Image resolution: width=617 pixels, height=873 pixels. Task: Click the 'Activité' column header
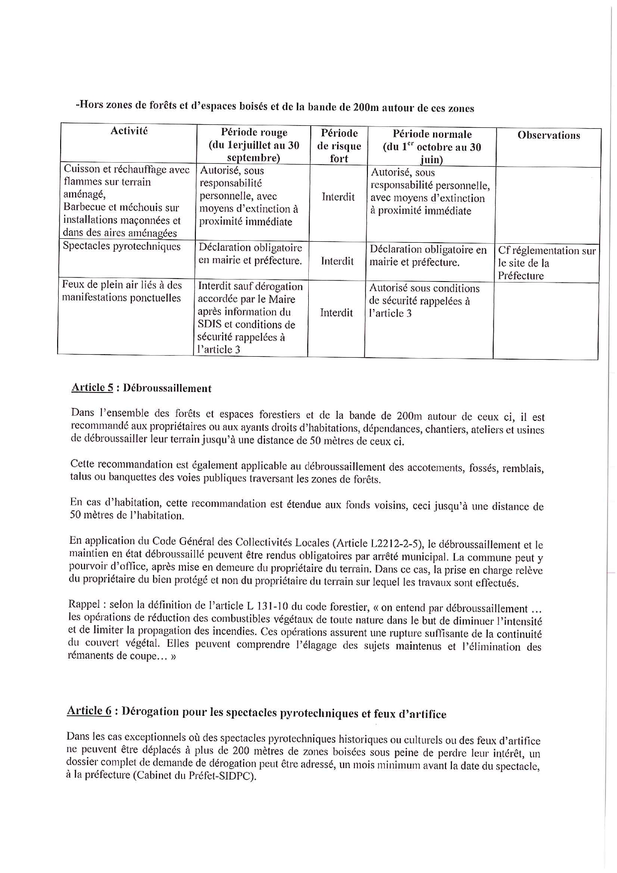[129, 131]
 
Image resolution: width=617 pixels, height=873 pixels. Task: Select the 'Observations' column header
[548, 135]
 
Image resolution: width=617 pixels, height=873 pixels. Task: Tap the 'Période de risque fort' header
[339, 146]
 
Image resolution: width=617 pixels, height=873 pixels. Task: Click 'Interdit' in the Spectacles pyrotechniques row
[337, 261]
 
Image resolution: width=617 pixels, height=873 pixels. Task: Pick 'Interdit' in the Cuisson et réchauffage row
[338, 196]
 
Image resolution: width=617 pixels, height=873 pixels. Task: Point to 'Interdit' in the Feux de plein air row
[336, 312]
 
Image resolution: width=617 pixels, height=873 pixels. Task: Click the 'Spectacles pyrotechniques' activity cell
[121, 247]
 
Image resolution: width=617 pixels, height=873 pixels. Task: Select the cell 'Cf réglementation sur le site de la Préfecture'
[546, 263]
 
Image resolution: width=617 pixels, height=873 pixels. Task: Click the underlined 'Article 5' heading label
[92, 388]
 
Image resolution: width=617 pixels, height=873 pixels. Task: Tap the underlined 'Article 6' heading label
[89, 710]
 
